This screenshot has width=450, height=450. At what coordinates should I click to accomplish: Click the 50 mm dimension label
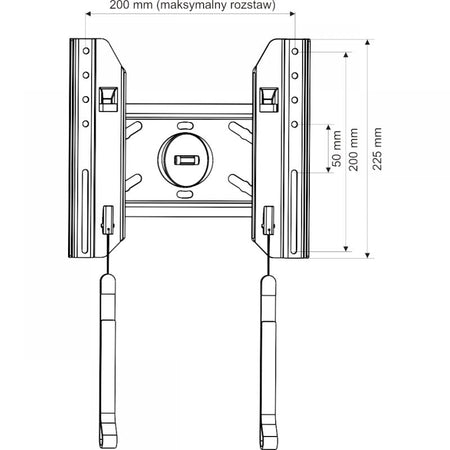337,149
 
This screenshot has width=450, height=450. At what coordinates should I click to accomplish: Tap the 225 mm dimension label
377,149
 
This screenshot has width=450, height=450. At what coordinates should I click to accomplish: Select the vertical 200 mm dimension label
353,149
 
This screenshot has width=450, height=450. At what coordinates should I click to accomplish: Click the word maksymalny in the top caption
194,5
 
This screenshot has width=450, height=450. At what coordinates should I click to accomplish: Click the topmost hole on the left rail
86,51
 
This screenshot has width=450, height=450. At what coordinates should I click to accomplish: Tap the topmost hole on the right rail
295,51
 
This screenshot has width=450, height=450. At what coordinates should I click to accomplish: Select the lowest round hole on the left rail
86,124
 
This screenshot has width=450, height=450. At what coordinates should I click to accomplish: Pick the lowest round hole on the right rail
294,124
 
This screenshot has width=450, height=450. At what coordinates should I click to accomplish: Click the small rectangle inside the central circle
186,159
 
